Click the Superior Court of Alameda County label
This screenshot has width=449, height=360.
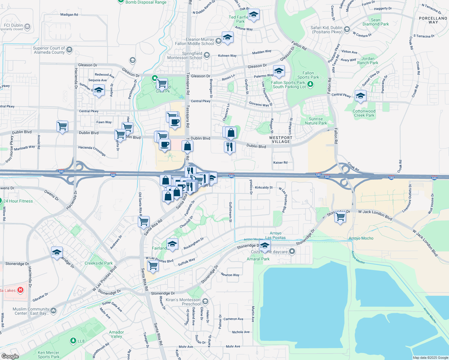[49, 50]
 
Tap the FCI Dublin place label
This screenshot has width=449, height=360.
[13, 25]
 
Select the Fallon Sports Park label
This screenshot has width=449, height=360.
[308, 75]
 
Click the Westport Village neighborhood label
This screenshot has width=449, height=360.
[281, 139]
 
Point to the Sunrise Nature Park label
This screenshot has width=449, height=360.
[316, 121]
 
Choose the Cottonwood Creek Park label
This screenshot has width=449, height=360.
[364, 113]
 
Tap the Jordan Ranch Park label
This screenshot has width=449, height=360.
[368, 61]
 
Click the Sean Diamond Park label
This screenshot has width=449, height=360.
[375, 22]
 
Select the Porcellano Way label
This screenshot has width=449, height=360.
[433, 20]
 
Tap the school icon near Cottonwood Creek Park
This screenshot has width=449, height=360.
[360, 96]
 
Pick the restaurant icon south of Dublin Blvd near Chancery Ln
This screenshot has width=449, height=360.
[230, 147]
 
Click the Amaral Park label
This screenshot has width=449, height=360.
[258, 259]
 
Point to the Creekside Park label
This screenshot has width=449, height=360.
[98, 263]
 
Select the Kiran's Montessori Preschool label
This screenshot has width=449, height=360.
[183, 302]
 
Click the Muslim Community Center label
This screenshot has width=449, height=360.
[31, 311]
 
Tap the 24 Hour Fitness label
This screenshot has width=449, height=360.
[18, 201]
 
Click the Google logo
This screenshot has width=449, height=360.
[10, 356]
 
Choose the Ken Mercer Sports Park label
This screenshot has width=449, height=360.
[48, 355]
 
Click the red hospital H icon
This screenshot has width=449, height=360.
[20, 290]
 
